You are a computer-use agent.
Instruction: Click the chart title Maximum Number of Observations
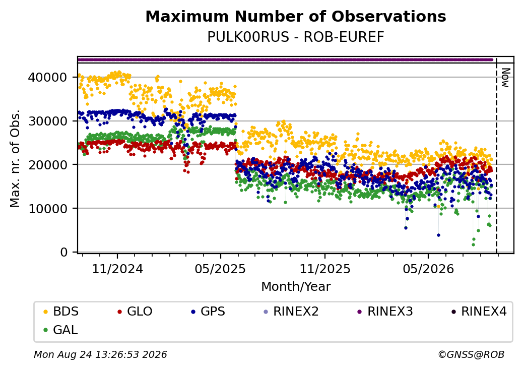click(x=296, y=16)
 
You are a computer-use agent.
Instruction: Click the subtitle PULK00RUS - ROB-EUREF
click(x=296, y=37)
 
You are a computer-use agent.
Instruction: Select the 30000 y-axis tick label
click(x=47, y=121)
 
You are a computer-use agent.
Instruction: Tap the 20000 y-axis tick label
click(x=47, y=164)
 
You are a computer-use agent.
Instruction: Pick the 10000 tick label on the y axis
click(x=47, y=208)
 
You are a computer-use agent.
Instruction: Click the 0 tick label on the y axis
click(x=64, y=252)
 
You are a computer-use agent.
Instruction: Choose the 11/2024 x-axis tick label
click(x=117, y=269)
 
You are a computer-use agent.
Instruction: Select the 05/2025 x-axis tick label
click(x=220, y=269)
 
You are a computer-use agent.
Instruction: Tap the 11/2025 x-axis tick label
click(x=325, y=269)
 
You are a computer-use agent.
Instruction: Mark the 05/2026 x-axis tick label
click(x=428, y=269)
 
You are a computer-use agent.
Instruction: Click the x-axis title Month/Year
click(x=296, y=286)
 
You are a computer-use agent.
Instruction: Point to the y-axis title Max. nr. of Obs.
click(x=15, y=158)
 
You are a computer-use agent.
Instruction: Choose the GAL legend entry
click(x=61, y=330)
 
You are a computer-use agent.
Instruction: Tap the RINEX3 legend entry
click(x=385, y=312)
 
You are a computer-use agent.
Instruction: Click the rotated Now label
click(x=505, y=78)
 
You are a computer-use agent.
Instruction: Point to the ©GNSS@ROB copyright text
click(x=471, y=354)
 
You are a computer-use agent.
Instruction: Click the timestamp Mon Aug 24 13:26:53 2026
click(x=100, y=354)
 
